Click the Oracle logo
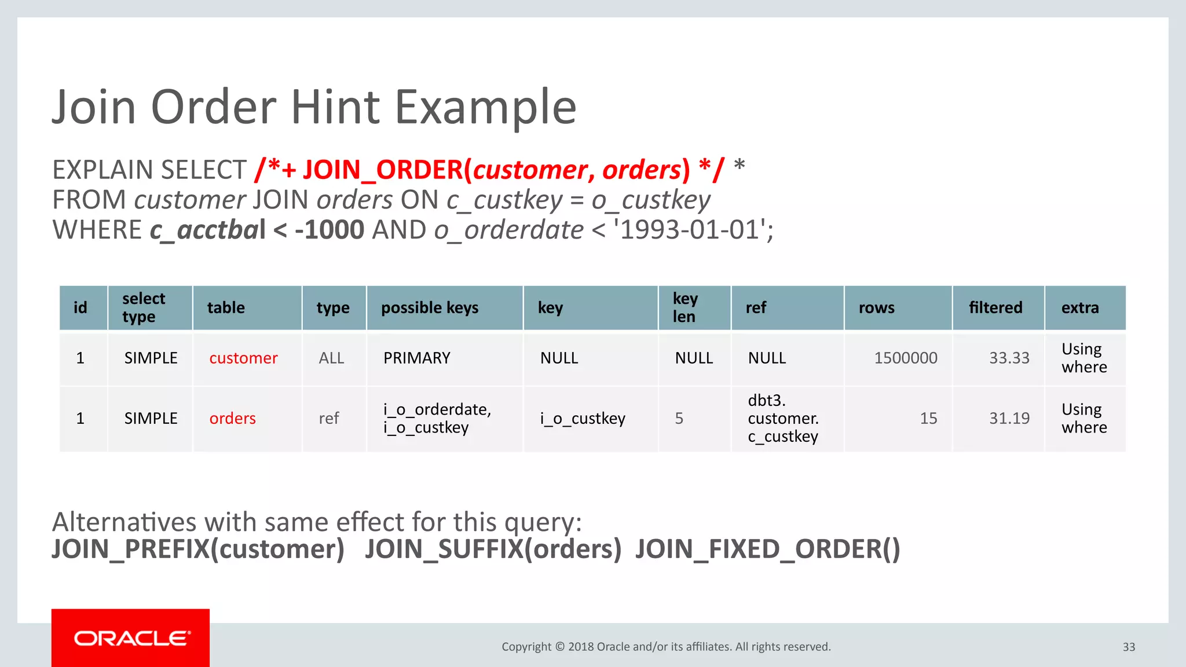coord(131,638)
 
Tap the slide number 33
coord(1129,647)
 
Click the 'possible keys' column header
coord(430,308)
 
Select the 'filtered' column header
coord(995,308)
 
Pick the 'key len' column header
coord(685,308)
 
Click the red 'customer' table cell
coord(243,358)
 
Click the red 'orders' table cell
coord(232,419)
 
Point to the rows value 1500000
coord(905,358)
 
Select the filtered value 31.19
coord(1009,419)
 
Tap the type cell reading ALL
coord(331,358)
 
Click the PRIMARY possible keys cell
coord(416,358)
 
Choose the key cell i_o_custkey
coord(583,419)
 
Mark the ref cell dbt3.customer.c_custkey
coord(782,419)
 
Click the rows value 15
coord(928,419)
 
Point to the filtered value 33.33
coord(1009,358)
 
